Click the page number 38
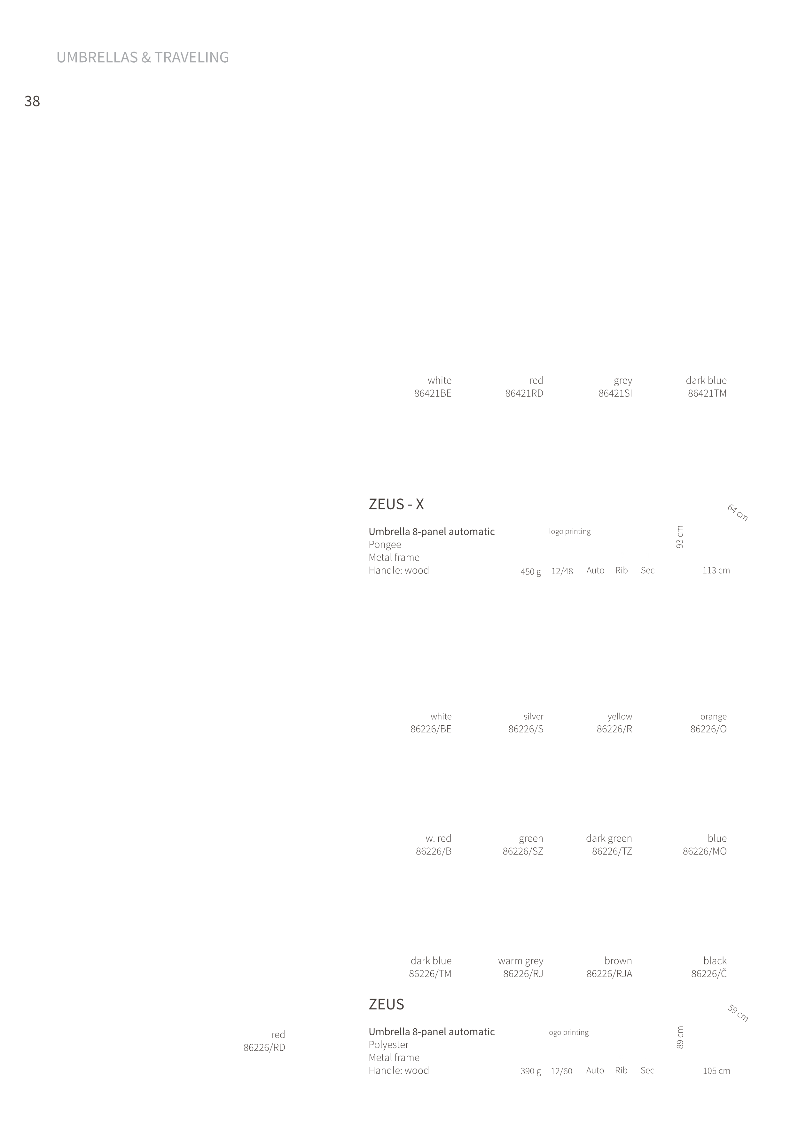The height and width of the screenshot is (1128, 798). pos(32,101)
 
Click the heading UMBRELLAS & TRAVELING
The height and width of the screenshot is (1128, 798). pos(143,58)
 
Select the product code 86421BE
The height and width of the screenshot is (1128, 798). pos(433,393)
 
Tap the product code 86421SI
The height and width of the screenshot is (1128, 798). pos(615,393)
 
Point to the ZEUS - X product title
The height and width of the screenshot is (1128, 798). pos(396,504)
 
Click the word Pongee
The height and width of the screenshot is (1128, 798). pos(385,545)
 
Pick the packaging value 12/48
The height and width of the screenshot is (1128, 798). pos(562,571)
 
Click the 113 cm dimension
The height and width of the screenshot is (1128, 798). pos(716,570)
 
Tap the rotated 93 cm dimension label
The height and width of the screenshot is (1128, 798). pos(680,537)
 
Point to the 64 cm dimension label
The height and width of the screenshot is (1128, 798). pos(738,513)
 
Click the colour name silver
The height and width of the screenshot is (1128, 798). pos(534,716)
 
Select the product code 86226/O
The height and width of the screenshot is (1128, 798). pos(708,729)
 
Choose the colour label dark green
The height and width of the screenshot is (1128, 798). pos(609,838)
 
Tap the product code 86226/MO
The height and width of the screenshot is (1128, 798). pos(705,851)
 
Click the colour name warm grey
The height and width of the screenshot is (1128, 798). pos(521,961)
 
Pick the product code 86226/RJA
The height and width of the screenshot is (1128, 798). pos(609,974)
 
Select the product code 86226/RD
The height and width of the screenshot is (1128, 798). pos(264,1047)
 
